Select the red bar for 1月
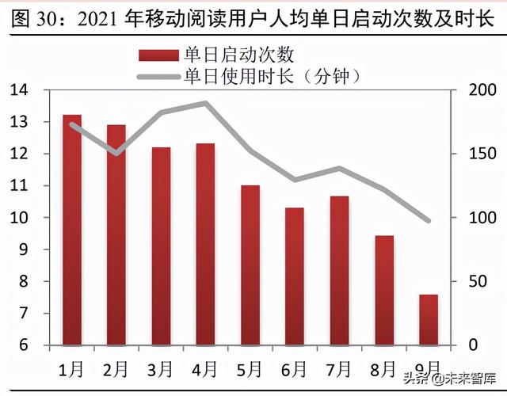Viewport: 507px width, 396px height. (72, 230)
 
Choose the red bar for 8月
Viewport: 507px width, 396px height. (384, 290)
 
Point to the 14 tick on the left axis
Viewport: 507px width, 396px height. (19, 90)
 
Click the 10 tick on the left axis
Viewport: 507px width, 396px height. (19, 218)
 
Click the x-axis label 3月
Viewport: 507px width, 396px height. (161, 369)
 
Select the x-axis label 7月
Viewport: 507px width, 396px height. (339, 369)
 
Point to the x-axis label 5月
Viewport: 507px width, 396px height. (250, 369)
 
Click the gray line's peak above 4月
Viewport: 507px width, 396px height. (205, 103)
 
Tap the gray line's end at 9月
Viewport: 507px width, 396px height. (429, 221)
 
